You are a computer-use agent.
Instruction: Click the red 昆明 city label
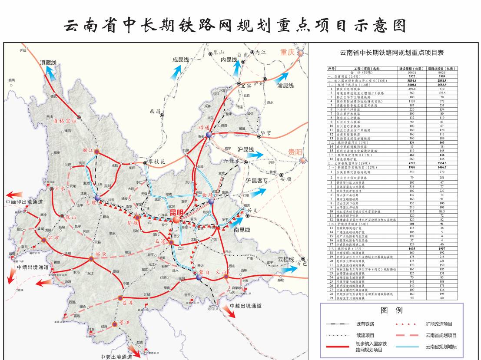pos(176,212)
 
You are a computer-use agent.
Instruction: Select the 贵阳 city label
pos(295,152)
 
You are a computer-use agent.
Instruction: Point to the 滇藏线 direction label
pos(48,63)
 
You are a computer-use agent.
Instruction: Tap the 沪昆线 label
pos(246,149)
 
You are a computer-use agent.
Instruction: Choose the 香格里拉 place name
pos(65,121)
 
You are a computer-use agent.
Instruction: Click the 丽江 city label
pos(88,151)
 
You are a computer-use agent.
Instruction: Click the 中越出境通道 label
pos(246,306)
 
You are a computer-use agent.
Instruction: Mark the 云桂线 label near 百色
pos(286,259)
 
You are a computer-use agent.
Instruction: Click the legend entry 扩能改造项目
pos(439,324)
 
